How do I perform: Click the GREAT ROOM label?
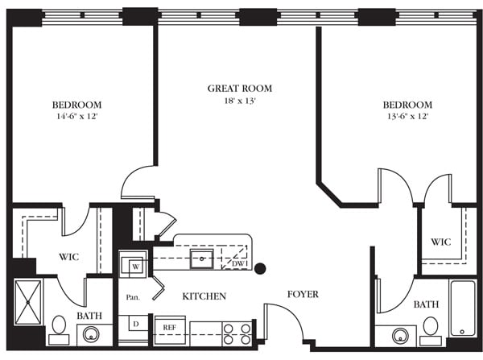(239, 89)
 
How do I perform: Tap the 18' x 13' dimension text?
(239, 101)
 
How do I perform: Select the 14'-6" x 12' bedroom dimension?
(76, 117)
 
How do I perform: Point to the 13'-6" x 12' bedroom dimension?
(407, 117)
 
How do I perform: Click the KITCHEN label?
(204, 296)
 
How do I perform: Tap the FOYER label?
(303, 294)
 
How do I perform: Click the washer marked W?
(134, 266)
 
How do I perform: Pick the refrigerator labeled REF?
(170, 329)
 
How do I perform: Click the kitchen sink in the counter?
(201, 260)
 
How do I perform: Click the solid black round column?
(260, 269)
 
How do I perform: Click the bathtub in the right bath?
(463, 308)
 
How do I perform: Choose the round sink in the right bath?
(400, 336)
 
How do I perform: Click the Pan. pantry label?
(134, 297)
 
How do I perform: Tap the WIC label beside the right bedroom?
(440, 242)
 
